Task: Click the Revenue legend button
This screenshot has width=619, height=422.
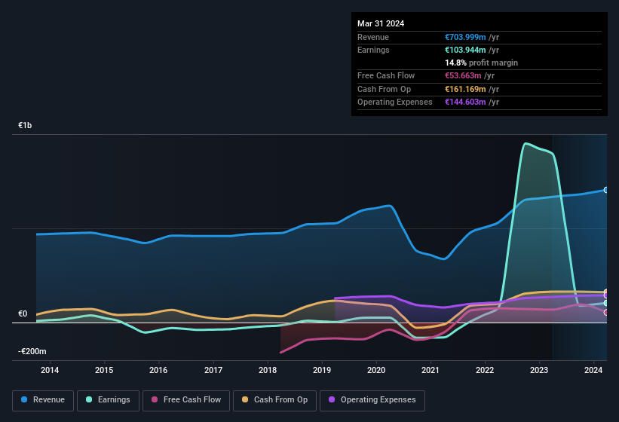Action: click(43, 400)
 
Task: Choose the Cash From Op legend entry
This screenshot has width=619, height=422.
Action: click(274, 400)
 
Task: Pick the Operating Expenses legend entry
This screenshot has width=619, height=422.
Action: click(372, 400)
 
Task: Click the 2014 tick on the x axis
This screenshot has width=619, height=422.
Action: click(50, 370)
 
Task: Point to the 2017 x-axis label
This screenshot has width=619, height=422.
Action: click(213, 370)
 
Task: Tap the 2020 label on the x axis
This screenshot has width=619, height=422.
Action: click(376, 370)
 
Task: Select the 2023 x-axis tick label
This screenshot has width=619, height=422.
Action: click(539, 370)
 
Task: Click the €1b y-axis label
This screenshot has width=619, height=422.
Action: click(26, 126)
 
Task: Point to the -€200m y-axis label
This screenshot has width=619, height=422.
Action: click(32, 352)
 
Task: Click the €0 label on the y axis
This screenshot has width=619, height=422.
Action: click(23, 314)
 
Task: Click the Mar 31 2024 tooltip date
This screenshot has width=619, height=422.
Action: click(381, 23)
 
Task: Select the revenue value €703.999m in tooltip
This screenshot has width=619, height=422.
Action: click(465, 37)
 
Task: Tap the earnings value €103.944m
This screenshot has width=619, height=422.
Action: click(465, 50)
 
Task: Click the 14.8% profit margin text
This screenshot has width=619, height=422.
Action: click(482, 63)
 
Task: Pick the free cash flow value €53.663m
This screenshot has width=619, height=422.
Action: click(463, 76)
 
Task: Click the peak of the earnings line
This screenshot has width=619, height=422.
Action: click(526, 143)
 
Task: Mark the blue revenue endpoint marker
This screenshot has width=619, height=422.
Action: click(606, 190)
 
